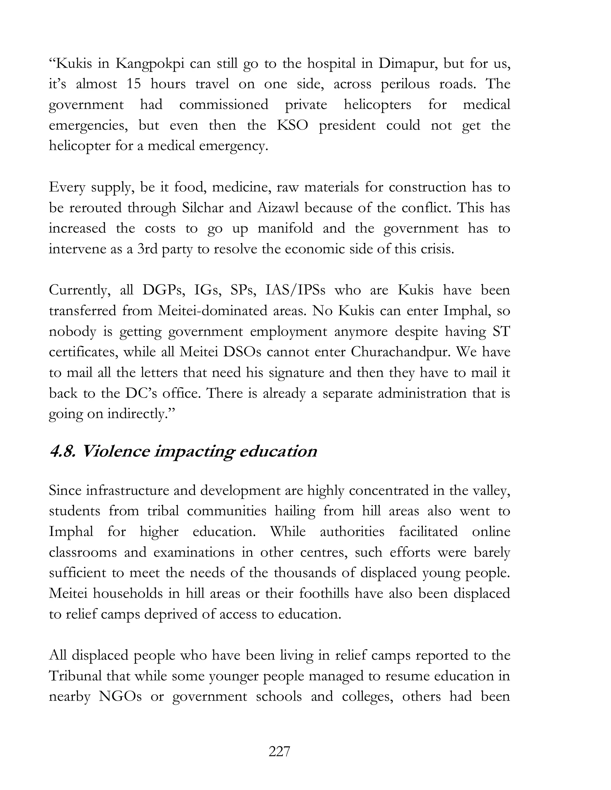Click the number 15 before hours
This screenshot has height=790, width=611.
[x=134, y=84]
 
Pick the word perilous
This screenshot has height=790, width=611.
[x=405, y=84]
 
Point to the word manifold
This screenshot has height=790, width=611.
[x=285, y=229]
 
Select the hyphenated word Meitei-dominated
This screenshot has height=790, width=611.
[x=212, y=311]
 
